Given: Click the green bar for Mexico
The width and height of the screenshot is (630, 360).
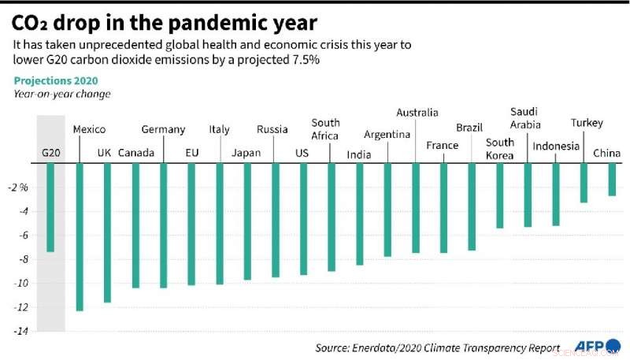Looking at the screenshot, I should pos(80,237).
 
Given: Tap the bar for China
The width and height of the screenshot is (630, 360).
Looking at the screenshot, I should pos(612,180).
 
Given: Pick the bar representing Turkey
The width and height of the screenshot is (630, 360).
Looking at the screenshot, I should pos(584,183).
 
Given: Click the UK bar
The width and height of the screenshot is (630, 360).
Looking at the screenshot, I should pos(107,232).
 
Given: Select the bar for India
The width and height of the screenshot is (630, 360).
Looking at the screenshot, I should pos(360,214).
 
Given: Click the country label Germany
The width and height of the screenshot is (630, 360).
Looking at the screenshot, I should pos(163,129).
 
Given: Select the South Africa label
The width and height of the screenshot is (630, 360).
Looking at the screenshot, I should pos(325,129).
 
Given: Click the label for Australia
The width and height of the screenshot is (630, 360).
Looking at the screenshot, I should pos(417,113).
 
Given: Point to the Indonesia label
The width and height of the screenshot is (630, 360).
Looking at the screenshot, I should pos(556,147).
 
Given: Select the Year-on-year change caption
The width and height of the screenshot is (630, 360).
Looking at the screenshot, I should pos(61,95).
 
